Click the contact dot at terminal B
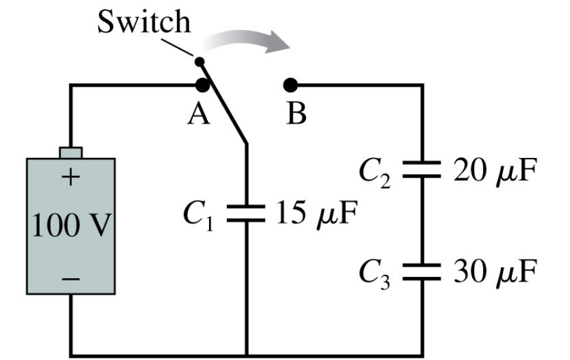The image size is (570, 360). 291,84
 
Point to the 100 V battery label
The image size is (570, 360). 70,226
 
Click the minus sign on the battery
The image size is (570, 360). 70,279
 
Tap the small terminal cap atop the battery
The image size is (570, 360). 70,152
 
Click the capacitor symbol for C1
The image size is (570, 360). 246,213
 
